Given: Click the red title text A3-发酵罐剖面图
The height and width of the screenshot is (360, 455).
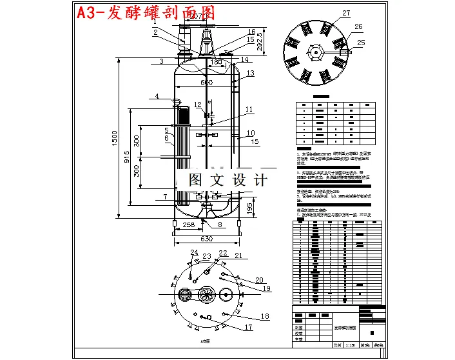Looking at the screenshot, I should (x=145, y=13).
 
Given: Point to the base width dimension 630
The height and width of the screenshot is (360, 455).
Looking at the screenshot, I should (x=206, y=239).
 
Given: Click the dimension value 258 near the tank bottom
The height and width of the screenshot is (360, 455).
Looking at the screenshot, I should (x=186, y=225).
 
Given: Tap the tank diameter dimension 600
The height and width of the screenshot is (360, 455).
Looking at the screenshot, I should (x=206, y=82).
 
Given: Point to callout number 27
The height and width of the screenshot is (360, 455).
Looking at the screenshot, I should (x=346, y=13).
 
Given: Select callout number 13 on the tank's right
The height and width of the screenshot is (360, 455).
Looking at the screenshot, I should (x=250, y=73).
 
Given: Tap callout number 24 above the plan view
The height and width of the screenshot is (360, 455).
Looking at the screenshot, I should (x=193, y=252).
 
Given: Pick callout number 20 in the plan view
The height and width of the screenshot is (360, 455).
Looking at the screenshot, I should (x=259, y=279).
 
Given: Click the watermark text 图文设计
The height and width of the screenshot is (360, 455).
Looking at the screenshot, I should (x=227, y=180).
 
